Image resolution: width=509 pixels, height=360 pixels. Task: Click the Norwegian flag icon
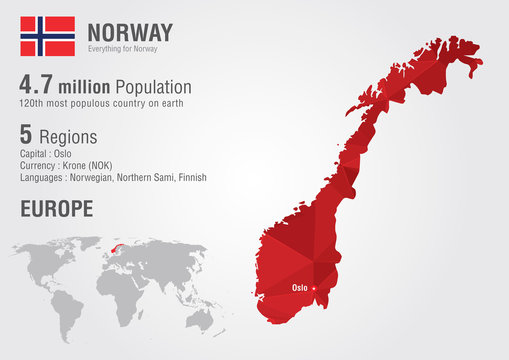click(x=48, y=35)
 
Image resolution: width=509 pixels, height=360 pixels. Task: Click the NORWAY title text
click(x=130, y=31)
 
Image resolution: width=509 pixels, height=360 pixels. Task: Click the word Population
click(x=149, y=86)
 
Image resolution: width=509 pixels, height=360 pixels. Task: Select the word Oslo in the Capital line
click(x=64, y=153)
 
